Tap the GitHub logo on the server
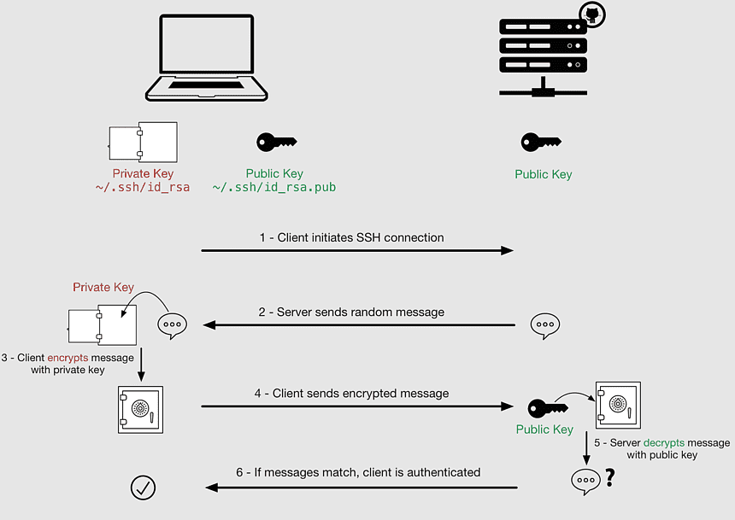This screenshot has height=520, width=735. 592,15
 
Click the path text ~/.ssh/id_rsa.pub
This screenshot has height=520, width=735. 274,187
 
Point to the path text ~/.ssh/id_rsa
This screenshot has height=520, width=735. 143,187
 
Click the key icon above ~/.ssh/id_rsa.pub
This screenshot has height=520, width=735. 275,143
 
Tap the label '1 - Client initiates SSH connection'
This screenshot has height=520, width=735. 352,237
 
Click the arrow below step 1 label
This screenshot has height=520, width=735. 356,251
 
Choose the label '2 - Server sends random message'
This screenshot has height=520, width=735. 352,313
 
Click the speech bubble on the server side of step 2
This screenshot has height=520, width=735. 544,325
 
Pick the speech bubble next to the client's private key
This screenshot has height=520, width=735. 172,325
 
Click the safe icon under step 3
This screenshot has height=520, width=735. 139,408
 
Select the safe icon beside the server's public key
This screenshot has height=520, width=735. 618,405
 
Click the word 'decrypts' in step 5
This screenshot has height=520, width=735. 663,443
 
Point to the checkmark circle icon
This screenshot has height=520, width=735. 142,487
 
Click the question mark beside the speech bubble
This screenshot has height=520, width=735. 609,479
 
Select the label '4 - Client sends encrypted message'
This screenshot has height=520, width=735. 351,394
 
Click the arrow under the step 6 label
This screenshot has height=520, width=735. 361,488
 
